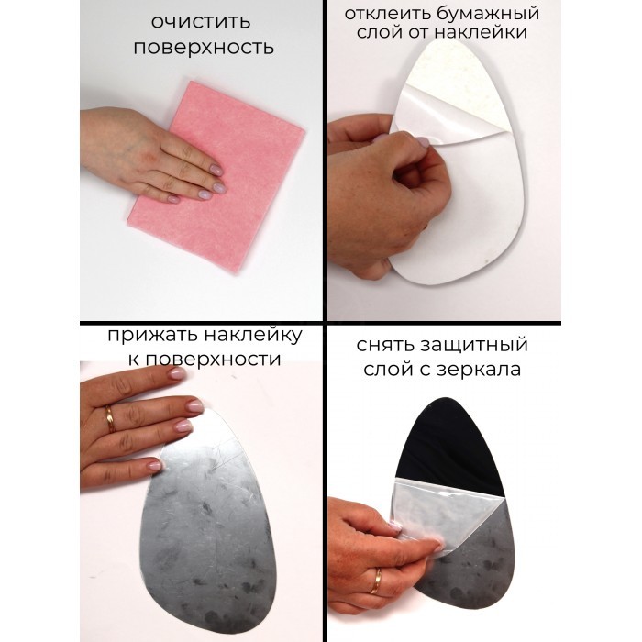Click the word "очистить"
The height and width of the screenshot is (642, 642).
(x=201, y=21)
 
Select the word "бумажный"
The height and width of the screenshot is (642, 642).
(x=487, y=14)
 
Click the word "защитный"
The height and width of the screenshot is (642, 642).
(x=474, y=345)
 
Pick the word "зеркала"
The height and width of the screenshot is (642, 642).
(x=479, y=370)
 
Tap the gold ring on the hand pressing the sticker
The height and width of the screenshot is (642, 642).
(x=110, y=420)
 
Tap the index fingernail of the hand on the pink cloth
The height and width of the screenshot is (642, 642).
(x=216, y=170)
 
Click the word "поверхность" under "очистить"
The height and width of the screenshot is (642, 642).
(x=204, y=48)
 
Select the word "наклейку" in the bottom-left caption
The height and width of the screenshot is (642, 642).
(x=253, y=335)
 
